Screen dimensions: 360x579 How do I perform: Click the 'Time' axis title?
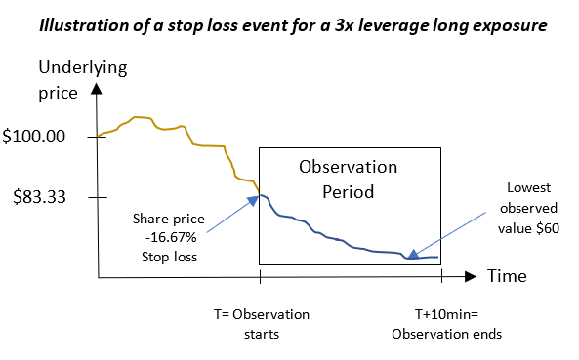click(x=507, y=276)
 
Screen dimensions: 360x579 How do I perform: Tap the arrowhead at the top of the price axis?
click(x=97, y=88)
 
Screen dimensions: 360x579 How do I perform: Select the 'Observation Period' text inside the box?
click(x=349, y=179)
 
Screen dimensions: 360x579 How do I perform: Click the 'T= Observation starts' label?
click(x=261, y=324)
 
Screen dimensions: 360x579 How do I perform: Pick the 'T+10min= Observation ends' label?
click(x=446, y=324)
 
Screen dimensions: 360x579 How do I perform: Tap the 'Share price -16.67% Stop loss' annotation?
click(x=170, y=240)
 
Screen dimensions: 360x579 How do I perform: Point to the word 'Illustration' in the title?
click(x=82, y=23)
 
